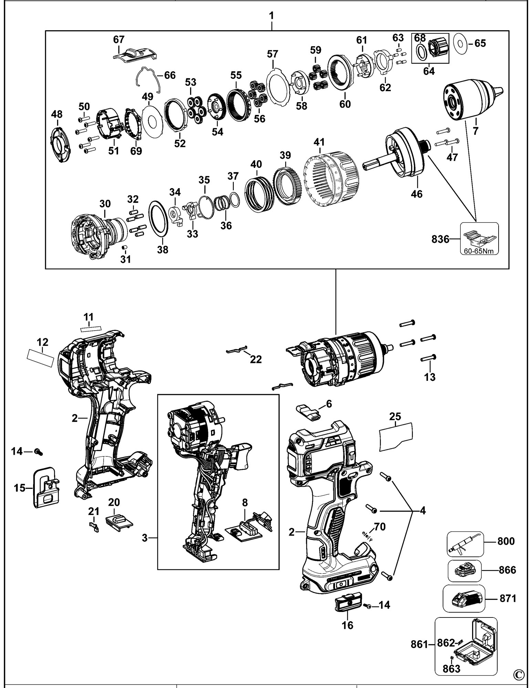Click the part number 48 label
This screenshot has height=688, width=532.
[x=57, y=113]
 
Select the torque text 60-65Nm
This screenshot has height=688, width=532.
[x=479, y=251]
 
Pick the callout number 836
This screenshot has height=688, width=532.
[x=440, y=239]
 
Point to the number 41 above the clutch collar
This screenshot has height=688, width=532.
[x=319, y=141]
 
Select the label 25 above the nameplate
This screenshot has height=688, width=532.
[x=395, y=417]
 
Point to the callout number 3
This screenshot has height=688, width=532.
[x=145, y=538]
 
